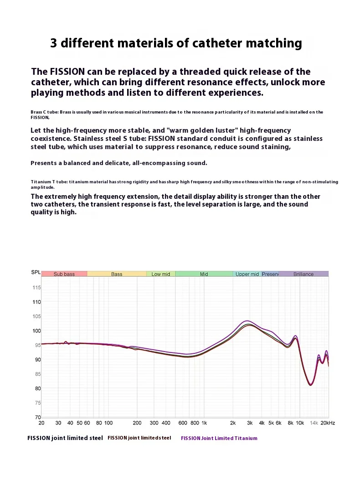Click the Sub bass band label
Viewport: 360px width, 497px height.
64,274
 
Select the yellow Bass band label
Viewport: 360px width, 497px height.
117,274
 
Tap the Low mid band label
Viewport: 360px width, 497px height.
160,274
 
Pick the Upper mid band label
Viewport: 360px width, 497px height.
247,274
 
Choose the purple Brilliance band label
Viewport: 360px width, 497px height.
303,274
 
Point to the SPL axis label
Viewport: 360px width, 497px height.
36,272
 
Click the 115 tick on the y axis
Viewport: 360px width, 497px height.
36,288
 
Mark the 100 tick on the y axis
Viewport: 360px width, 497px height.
36,331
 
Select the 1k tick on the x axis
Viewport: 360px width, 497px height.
204,423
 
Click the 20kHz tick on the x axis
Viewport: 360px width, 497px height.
327,423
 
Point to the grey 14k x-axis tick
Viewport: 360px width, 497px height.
314,423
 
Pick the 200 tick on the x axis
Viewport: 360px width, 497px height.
137,423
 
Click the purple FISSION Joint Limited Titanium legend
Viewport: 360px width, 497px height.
219,438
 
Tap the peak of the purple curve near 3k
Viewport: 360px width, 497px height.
247,321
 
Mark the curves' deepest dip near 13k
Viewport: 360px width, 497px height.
310,385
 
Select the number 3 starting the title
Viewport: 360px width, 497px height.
54,44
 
